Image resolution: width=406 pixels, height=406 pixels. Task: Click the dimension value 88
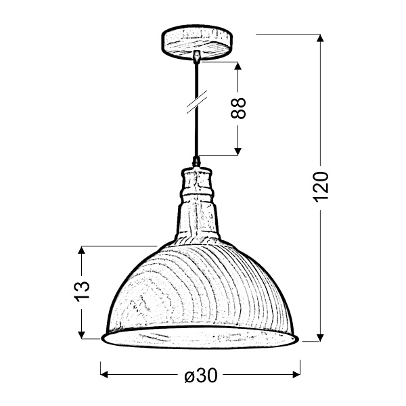(238, 108)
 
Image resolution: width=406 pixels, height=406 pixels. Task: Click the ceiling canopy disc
(196, 41)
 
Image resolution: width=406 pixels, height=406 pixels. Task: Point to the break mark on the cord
(196, 103)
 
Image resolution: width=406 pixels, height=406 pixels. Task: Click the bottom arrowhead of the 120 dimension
(320, 337)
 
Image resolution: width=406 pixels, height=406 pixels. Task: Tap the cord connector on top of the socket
(196, 162)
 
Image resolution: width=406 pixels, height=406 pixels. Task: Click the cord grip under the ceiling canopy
(196, 57)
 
